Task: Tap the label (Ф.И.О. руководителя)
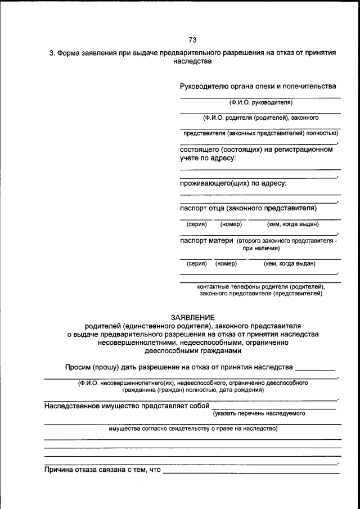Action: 260,102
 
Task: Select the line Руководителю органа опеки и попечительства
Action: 258,87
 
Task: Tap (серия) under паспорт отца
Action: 197,224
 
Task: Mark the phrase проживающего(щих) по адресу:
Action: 233,183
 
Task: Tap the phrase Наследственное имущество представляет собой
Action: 127,406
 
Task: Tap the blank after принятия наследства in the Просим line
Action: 315,369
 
